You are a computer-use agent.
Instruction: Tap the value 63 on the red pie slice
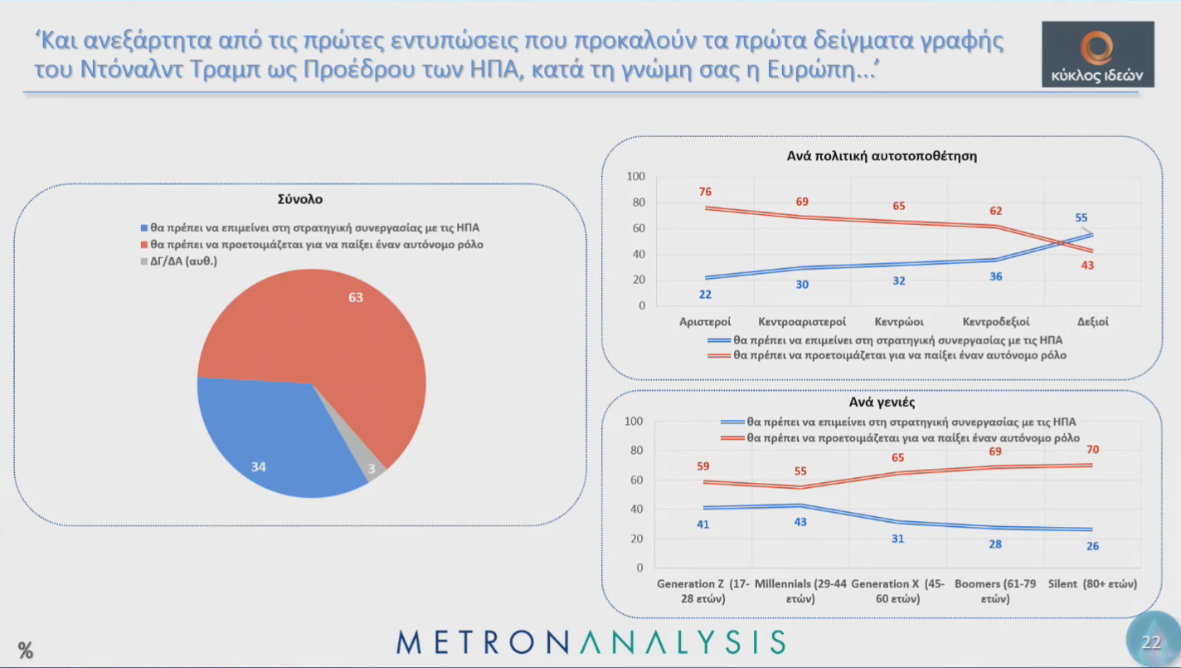click(x=356, y=296)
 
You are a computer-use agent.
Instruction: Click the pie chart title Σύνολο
click(x=300, y=199)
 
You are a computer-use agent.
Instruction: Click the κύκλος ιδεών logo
click(x=1097, y=54)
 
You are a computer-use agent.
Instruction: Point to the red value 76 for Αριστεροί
click(x=705, y=192)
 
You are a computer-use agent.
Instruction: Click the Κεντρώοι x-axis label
click(x=899, y=321)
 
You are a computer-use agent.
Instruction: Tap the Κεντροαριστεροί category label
click(x=802, y=321)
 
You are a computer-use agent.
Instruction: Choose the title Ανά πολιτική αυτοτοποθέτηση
click(x=882, y=156)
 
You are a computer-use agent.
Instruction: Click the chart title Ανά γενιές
click(x=882, y=402)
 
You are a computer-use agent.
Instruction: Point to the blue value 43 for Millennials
click(x=800, y=522)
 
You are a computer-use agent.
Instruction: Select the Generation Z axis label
click(x=702, y=591)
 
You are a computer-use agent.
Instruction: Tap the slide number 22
click(x=1151, y=642)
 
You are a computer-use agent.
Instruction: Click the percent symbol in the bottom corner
click(x=26, y=651)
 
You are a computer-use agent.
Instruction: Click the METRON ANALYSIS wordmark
click(x=590, y=641)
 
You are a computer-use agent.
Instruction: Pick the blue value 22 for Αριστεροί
click(x=705, y=294)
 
